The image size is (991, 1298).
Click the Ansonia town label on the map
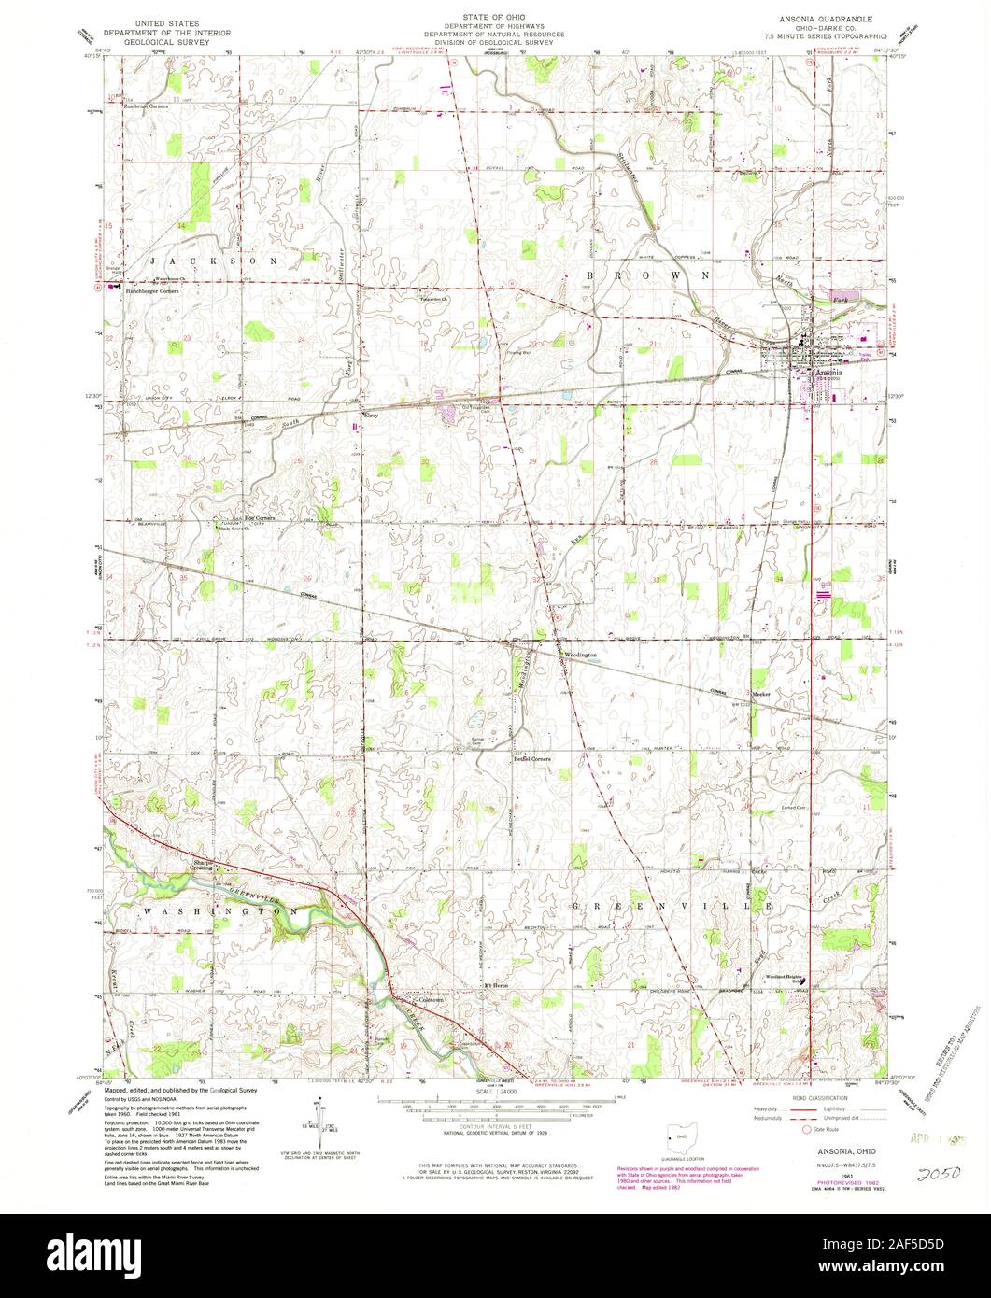[828, 372]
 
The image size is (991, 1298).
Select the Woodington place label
[579, 656]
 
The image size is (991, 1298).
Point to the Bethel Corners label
[532, 759]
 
